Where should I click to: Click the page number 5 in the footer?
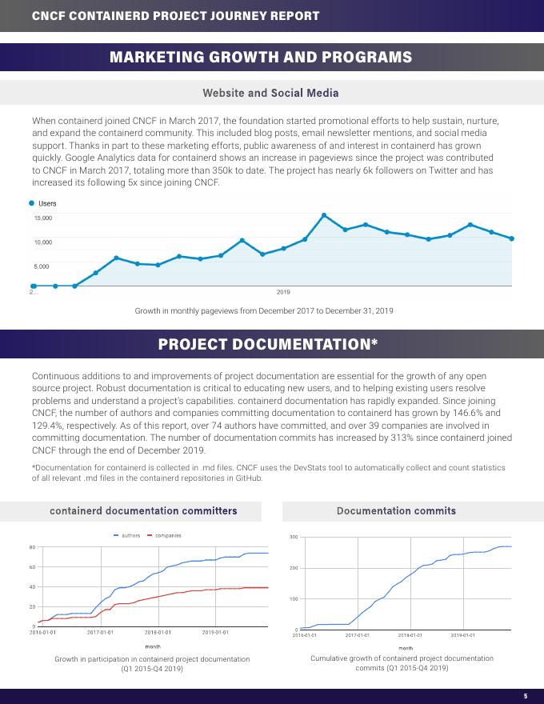tap(526, 695)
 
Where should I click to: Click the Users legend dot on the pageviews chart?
tap(32, 203)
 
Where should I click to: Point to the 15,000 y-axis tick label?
tap(43, 218)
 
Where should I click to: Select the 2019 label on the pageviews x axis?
tap(283, 292)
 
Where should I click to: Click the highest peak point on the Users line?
tap(324, 215)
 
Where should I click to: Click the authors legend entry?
tap(127, 535)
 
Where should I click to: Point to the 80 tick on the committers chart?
tap(32, 547)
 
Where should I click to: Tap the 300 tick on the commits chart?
tap(294, 537)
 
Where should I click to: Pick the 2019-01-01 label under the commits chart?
tap(462, 635)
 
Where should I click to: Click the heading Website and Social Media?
tap(270, 93)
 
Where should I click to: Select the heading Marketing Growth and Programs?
tap(261, 57)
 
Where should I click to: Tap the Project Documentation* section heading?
tap(268, 344)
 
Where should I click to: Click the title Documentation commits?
tap(396, 510)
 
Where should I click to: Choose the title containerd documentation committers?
tap(143, 510)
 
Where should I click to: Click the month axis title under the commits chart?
tap(406, 648)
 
